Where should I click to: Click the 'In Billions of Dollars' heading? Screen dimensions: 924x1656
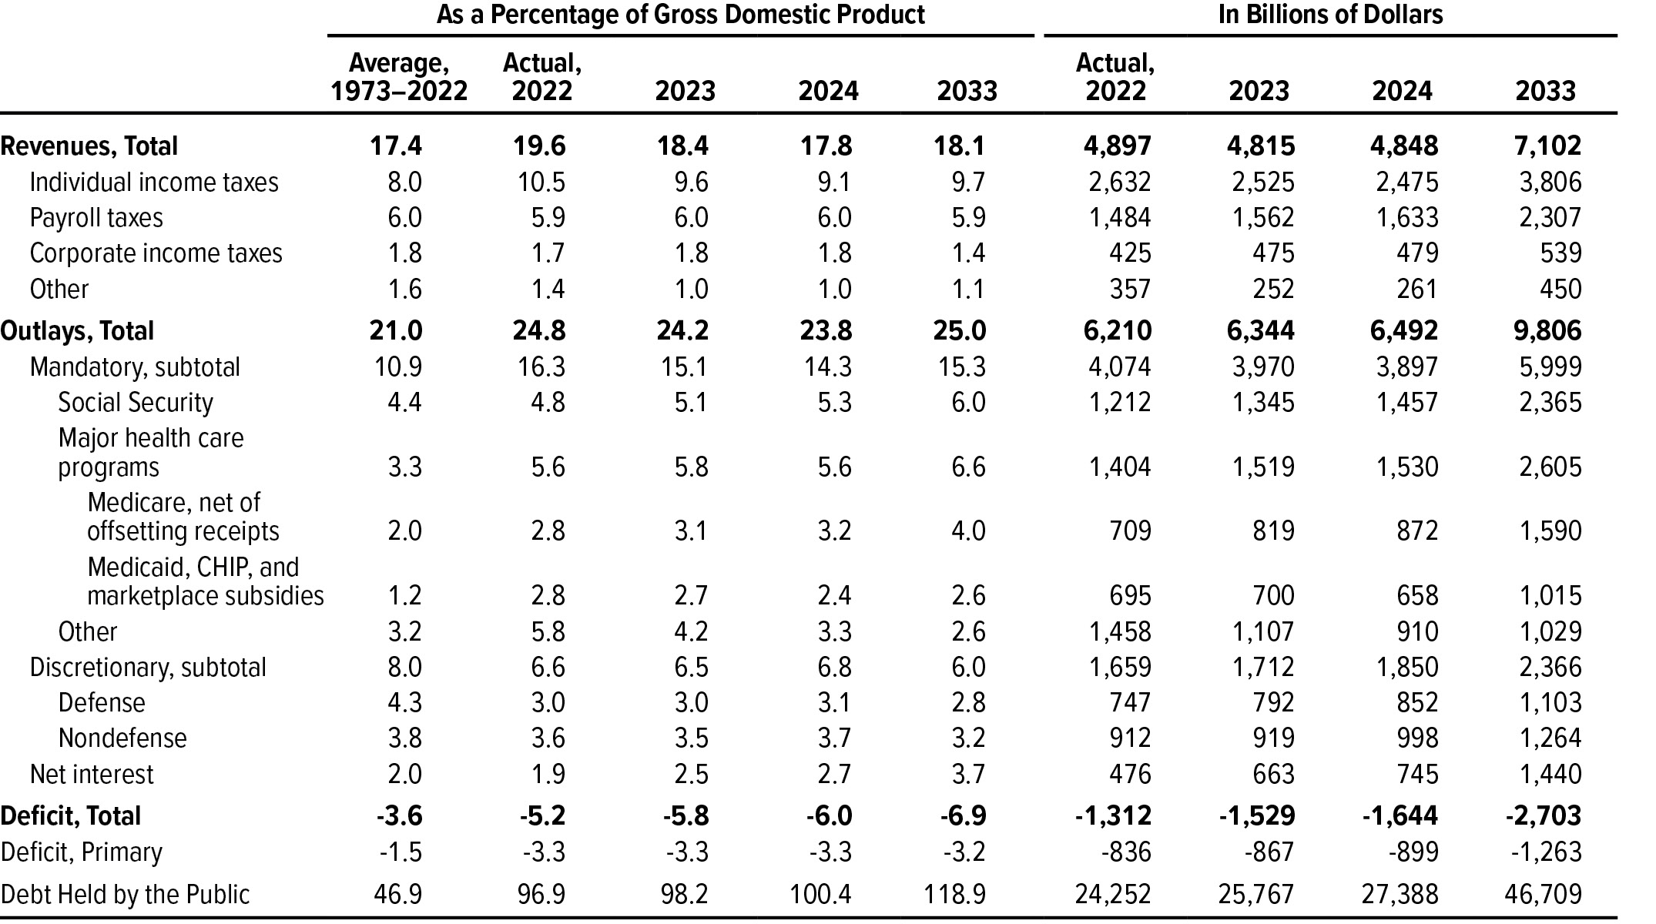(1330, 15)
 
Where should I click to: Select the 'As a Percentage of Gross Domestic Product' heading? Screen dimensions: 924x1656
(680, 15)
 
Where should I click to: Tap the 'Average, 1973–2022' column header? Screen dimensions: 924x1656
(399, 77)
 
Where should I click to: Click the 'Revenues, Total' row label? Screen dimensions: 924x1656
(89, 146)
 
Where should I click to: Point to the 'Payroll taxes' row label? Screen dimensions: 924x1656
(96, 218)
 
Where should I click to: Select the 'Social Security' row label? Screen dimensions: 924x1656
(136, 403)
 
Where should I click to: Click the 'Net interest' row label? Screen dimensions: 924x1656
(92, 774)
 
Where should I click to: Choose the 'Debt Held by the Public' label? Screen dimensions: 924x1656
(126, 894)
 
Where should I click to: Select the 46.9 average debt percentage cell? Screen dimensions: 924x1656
(398, 894)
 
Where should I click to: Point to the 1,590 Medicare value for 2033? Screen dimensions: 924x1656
(1550, 531)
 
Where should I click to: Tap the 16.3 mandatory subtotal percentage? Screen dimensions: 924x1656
(541, 367)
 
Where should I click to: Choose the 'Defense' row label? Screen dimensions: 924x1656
(102, 703)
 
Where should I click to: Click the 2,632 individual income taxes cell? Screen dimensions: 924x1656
(1120, 182)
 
